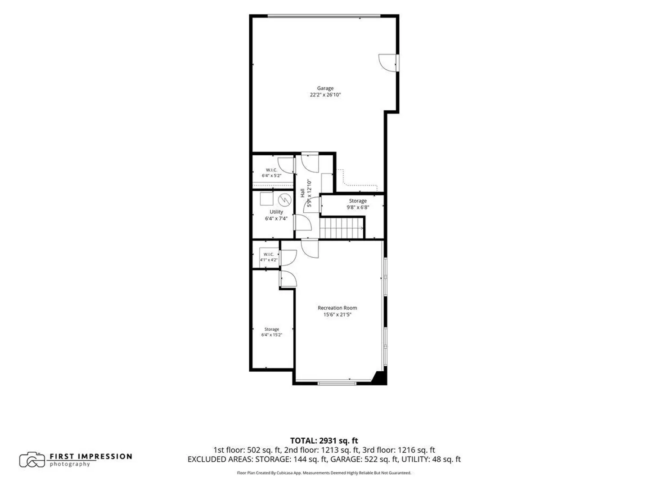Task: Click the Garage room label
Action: pyautogui.click(x=325, y=88)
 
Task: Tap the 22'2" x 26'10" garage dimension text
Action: pyautogui.click(x=325, y=94)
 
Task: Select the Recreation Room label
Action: pyautogui.click(x=337, y=308)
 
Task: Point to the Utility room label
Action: pyautogui.click(x=276, y=212)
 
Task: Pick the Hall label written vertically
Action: pyautogui.click(x=302, y=193)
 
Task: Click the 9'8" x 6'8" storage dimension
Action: pyautogui.click(x=358, y=207)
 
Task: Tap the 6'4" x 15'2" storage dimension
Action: pyautogui.click(x=272, y=335)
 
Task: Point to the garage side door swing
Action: pyautogui.click(x=387, y=63)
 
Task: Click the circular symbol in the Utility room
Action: pyautogui.click(x=284, y=200)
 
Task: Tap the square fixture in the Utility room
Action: pyautogui.click(x=266, y=198)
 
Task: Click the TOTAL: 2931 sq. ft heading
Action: pyautogui.click(x=324, y=441)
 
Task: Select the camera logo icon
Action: pyautogui.click(x=32, y=460)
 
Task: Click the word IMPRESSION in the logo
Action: pyautogui.click(x=106, y=456)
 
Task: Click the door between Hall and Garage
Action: pyautogui.click(x=310, y=162)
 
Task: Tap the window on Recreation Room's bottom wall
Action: pyautogui.click(x=337, y=383)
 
